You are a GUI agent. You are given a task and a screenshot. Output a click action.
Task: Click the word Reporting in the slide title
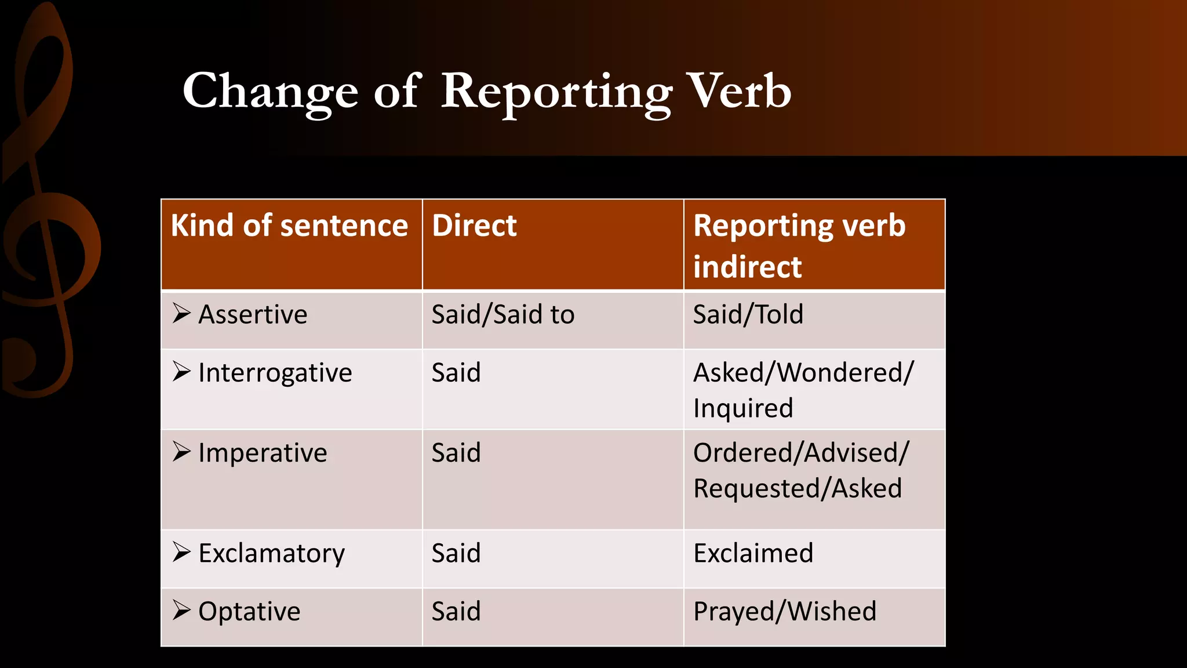[556, 93]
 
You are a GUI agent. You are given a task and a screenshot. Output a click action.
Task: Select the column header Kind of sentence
[289, 226]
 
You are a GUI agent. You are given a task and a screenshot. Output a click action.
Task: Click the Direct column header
[474, 226]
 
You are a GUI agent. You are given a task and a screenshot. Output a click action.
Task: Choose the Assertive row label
[253, 315]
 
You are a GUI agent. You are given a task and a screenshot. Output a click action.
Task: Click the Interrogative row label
[275, 373]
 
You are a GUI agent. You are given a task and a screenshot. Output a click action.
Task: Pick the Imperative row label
[263, 453]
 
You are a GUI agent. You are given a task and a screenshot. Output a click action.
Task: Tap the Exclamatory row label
[271, 554]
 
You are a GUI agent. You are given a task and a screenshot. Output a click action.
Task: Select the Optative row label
[249, 612]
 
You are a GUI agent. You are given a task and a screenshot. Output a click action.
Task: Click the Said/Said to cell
[503, 315]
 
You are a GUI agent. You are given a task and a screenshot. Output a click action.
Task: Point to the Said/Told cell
[748, 315]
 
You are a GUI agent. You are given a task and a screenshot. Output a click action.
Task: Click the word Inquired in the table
[743, 409]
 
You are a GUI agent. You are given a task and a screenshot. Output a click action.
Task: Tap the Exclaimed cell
[753, 553]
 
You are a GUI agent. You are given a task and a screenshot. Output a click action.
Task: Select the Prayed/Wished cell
[784, 612]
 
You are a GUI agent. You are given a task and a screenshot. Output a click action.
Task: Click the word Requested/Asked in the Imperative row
[798, 489]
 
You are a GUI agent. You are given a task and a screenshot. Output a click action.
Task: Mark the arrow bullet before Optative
[181, 610]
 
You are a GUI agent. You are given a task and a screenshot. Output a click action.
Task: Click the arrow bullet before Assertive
[181, 313]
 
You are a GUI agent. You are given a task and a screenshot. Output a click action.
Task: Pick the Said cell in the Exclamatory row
[456, 553]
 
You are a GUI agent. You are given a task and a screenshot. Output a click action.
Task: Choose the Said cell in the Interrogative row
[456, 373]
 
